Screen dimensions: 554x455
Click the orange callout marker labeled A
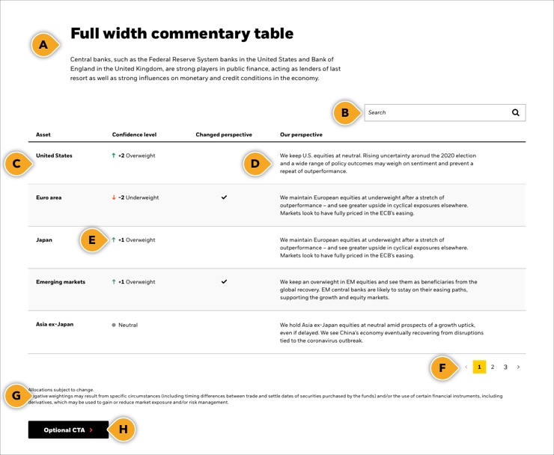click(x=43, y=45)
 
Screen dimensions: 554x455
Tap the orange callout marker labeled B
click(x=344, y=113)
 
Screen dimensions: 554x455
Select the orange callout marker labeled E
click(x=91, y=240)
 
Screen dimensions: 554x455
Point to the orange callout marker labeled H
click(x=123, y=430)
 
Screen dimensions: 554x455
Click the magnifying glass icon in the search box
click(x=515, y=112)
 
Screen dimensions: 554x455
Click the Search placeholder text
click(x=377, y=112)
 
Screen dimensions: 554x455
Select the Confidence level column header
click(x=134, y=135)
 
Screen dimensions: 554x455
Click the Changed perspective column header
click(x=224, y=135)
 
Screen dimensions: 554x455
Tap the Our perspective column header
click(x=301, y=135)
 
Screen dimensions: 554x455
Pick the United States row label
click(x=54, y=156)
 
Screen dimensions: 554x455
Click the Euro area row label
click(x=49, y=198)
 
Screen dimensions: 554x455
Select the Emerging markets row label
click(x=61, y=282)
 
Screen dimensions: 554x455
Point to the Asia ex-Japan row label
click(x=55, y=325)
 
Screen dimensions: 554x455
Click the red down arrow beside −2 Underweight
click(x=114, y=198)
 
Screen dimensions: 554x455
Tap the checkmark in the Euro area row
click(x=224, y=198)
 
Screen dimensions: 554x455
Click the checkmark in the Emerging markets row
click(x=224, y=282)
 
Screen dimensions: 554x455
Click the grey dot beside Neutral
click(x=114, y=326)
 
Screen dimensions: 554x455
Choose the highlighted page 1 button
click(x=479, y=367)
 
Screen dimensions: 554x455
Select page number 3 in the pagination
click(x=505, y=367)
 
